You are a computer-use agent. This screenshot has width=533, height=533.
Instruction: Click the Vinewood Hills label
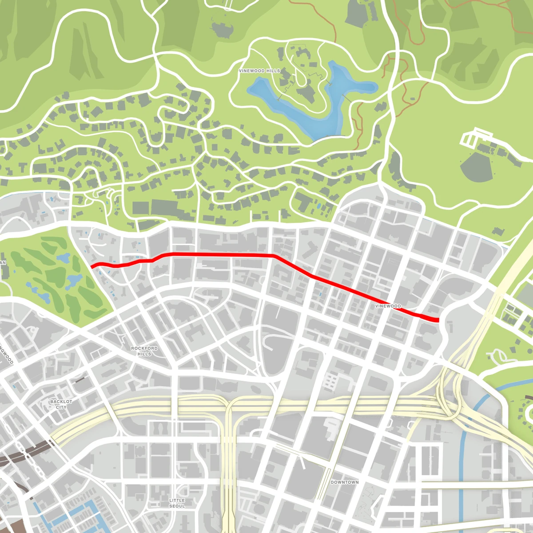[x=259, y=71]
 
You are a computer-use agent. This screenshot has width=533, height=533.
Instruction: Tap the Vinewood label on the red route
[x=388, y=306]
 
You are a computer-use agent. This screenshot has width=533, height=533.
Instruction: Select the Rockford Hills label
[x=144, y=351]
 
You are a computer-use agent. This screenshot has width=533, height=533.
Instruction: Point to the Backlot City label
[x=61, y=404]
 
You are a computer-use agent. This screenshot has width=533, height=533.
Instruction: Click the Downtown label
[x=345, y=482]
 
